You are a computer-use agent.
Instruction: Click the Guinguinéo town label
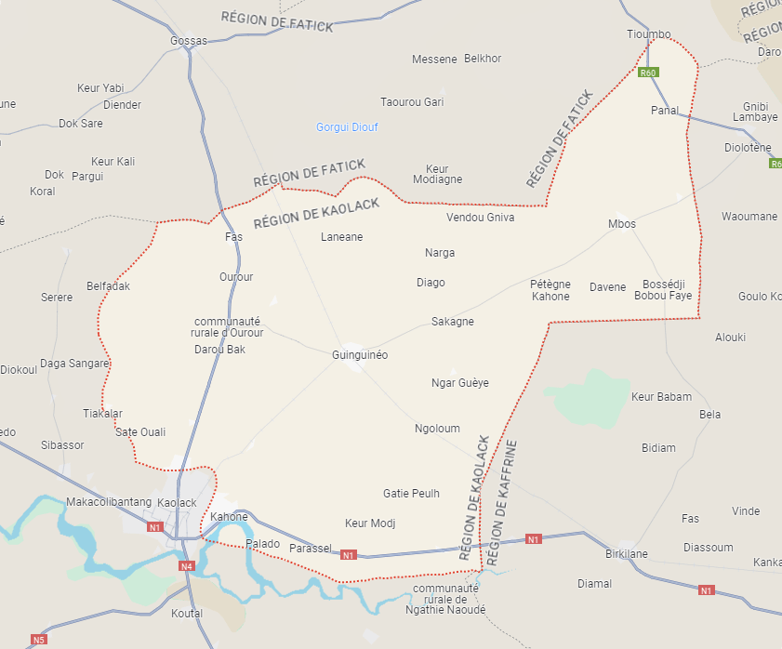[359, 355]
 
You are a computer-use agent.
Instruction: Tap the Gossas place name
[189, 41]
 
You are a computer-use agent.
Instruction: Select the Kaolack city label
[177, 503]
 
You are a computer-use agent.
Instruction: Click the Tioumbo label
[648, 34]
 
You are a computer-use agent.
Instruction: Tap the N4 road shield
[187, 565]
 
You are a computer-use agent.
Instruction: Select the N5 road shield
[38, 640]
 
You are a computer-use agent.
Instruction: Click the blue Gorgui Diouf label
[347, 127]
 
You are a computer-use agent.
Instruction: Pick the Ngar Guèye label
[459, 383]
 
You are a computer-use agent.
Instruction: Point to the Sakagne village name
[453, 322]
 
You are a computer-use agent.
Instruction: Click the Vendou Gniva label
[480, 218]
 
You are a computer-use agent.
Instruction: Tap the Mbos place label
[622, 224]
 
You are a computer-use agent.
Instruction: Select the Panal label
[665, 111]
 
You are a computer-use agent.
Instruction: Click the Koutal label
[187, 614]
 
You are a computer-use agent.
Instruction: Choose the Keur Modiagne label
[437, 175]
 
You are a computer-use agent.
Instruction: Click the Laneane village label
[341, 237]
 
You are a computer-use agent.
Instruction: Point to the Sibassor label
[62, 445]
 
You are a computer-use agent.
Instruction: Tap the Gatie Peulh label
[411, 494]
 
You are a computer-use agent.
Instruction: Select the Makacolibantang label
[109, 502]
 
